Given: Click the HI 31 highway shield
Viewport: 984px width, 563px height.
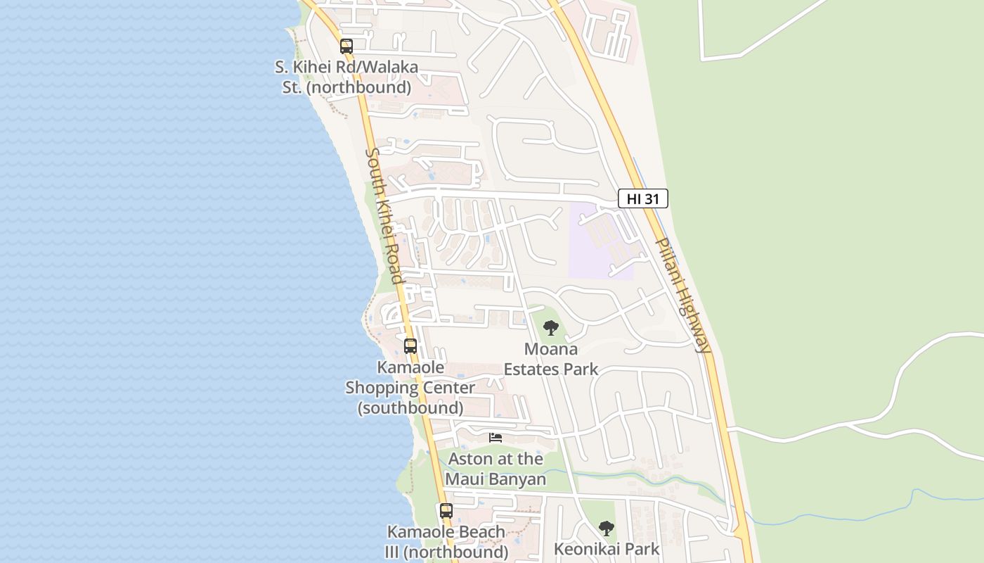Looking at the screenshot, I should pos(642,198).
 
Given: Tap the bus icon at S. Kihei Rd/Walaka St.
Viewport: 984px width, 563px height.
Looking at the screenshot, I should pos(346,46).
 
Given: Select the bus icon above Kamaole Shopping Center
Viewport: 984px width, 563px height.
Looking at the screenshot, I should pos(410,346).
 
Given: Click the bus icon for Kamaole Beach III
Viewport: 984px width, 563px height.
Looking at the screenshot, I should pos(446,511).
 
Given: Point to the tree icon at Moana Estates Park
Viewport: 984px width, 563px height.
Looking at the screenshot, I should pos(551,327).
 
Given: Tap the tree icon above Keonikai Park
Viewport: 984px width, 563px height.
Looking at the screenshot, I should pos(606,528).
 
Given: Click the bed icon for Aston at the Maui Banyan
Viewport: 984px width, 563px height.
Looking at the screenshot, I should pos(496,438).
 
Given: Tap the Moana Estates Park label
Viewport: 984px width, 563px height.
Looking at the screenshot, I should pos(551,359).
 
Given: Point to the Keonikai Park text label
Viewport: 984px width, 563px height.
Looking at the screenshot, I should pos(607,549).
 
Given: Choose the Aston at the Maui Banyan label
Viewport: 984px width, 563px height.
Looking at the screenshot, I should pos(496,469).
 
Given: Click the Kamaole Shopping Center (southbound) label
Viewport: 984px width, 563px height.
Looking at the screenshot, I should pos(410,388).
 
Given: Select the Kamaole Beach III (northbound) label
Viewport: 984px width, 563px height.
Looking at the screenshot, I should pos(446,542).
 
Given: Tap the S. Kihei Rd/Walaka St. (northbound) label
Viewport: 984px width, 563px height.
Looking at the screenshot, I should pos(346,77).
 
